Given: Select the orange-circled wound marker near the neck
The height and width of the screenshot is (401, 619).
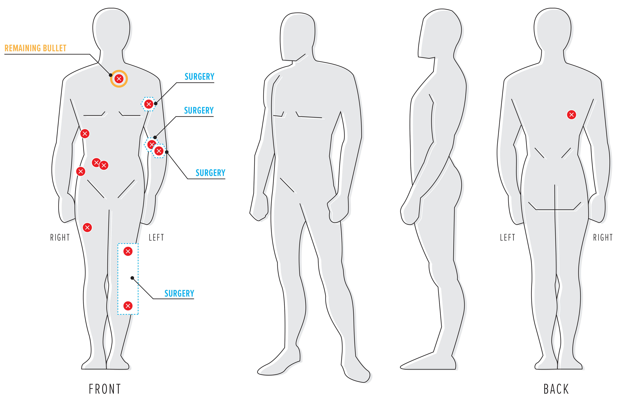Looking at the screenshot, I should coord(119,79).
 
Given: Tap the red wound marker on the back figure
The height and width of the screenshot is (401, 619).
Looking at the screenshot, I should coord(571,115).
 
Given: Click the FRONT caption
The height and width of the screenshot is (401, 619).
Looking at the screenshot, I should coord(105,389).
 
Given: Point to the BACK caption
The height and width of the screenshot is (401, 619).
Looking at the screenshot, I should coord(556,389).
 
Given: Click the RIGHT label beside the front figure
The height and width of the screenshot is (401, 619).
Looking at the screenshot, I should coord(60,238).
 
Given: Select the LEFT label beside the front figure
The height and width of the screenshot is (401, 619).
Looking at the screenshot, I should coord(156,238).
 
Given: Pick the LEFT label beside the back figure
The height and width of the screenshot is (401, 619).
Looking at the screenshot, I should coord(507,238).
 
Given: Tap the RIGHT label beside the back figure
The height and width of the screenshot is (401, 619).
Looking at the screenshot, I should coord(603,238).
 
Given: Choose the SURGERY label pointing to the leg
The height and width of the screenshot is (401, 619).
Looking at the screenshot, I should coord(179,294).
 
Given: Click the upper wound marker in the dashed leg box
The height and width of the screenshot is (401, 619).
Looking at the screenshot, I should coord(128,251).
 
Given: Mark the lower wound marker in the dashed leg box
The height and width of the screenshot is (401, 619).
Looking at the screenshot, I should coord(128,306).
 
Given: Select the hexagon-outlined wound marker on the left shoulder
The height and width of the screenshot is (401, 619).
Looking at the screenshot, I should coord(148,104).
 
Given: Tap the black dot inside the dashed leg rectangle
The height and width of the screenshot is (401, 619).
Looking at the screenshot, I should coord(132,278).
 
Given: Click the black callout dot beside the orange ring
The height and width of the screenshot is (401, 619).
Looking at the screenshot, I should coord(111,75).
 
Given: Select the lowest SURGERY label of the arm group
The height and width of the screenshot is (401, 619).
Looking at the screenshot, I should coord(210,173).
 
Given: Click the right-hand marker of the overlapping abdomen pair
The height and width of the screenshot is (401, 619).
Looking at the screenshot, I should coord(104,165).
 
